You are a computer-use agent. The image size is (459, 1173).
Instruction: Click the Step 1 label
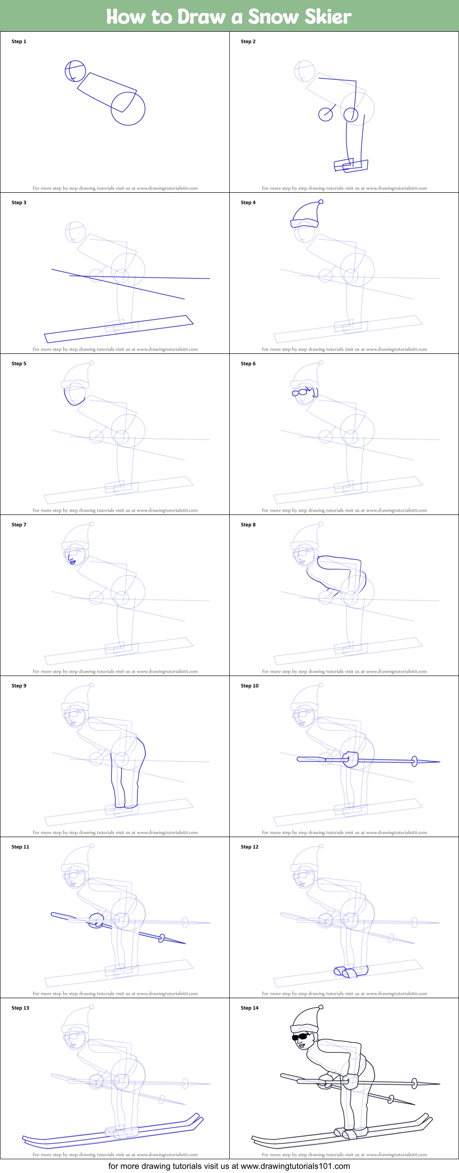click(x=19, y=41)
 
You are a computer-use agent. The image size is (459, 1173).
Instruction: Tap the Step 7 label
click(x=19, y=525)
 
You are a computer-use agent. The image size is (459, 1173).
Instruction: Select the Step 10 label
click(x=249, y=686)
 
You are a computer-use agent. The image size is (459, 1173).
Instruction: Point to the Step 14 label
click(x=249, y=1008)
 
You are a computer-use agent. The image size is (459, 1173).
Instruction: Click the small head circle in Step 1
click(x=75, y=71)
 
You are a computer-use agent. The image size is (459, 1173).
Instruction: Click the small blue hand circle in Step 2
click(x=325, y=114)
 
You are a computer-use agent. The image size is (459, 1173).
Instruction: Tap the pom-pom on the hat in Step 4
click(x=321, y=201)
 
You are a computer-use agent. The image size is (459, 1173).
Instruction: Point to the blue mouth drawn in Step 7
click(x=73, y=562)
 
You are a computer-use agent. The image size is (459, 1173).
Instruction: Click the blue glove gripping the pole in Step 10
click(x=351, y=759)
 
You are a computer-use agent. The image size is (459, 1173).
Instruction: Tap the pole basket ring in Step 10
click(x=414, y=761)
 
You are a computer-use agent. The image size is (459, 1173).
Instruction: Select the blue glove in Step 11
click(x=96, y=920)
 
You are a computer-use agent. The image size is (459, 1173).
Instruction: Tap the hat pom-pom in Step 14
click(x=321, y=1007)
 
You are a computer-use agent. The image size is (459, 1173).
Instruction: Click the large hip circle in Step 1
click(x=128, y=109)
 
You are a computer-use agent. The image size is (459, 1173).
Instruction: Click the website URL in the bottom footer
click(x=295, y=1166)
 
